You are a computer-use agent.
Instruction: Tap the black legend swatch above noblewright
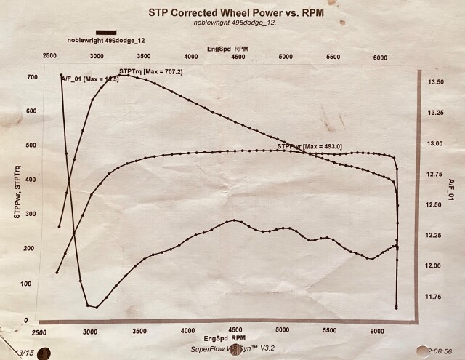[105, 32]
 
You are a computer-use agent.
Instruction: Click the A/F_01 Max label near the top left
[84, 79]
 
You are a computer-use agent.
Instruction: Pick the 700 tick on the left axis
[31, 77]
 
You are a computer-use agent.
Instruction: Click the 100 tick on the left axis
[31, 283]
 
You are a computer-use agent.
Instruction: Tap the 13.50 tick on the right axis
[436, 83]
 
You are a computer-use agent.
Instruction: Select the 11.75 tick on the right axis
[436, 296]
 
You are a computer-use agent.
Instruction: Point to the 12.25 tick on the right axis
[436, 235]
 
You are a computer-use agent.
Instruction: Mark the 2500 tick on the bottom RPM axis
[41, 332]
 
